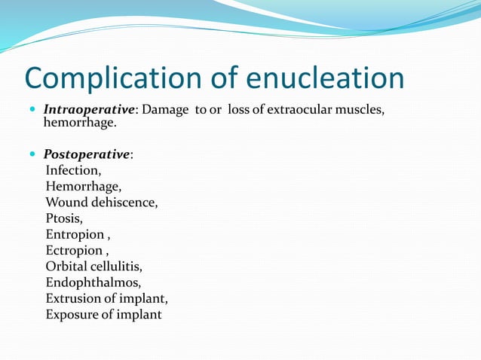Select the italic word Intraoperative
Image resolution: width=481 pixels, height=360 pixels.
(89, 110)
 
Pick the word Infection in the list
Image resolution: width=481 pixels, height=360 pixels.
(72, 170)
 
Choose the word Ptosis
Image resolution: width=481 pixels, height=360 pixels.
(64, 218)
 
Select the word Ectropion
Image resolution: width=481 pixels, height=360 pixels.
(74, 250)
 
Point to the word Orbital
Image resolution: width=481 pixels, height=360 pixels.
(68, 266)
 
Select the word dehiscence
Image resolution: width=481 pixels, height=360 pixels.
(124, 202)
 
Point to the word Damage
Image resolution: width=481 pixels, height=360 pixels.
(167, 110)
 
